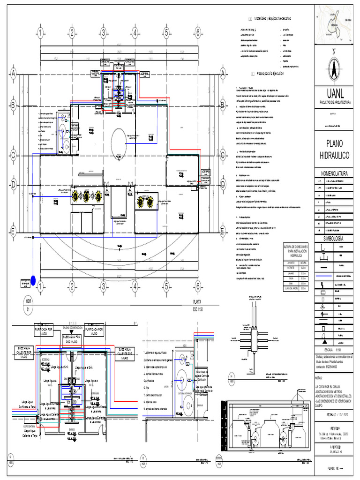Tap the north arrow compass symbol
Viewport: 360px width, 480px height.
pyautogui.click(x=334, y=68)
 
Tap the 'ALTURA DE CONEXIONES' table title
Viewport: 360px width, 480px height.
pyautogui.click(x=297, y=251)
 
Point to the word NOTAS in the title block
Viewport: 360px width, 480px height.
pyautogui.click(x=320, y=377)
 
